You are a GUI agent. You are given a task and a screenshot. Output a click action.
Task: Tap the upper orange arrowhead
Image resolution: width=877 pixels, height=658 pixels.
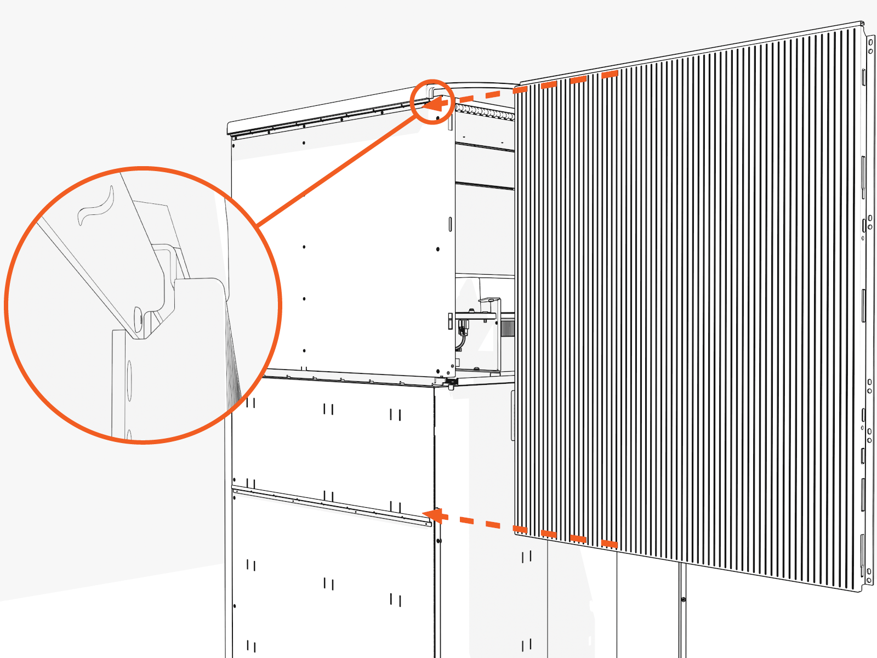click(x=434, y=103)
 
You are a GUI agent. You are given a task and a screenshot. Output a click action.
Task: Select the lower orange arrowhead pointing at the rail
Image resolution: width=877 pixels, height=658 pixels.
click(x=434, y=515)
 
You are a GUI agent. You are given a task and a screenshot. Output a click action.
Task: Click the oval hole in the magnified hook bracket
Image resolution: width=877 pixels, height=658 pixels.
click(x=138, y=318)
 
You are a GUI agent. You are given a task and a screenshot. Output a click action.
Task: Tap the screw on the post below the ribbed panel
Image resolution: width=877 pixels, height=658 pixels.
click(x=683, y=599)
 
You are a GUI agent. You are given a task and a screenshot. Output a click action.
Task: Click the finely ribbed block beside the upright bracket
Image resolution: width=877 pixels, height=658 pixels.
click(x=508, y=328)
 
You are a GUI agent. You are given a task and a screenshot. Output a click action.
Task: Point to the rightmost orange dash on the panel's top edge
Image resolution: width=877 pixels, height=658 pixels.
click(x=610, y=75)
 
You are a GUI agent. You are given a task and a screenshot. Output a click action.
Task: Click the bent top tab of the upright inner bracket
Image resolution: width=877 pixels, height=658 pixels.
click(x=490, y=300)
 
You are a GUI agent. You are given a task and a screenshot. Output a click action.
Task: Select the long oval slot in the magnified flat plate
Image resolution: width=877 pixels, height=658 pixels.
click(x=129, y=378)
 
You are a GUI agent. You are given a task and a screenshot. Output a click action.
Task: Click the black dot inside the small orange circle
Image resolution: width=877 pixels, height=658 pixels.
click(x=437, y=117)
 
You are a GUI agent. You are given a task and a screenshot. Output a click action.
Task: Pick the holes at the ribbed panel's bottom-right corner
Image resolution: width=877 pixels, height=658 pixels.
click(x=869, y=575)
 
